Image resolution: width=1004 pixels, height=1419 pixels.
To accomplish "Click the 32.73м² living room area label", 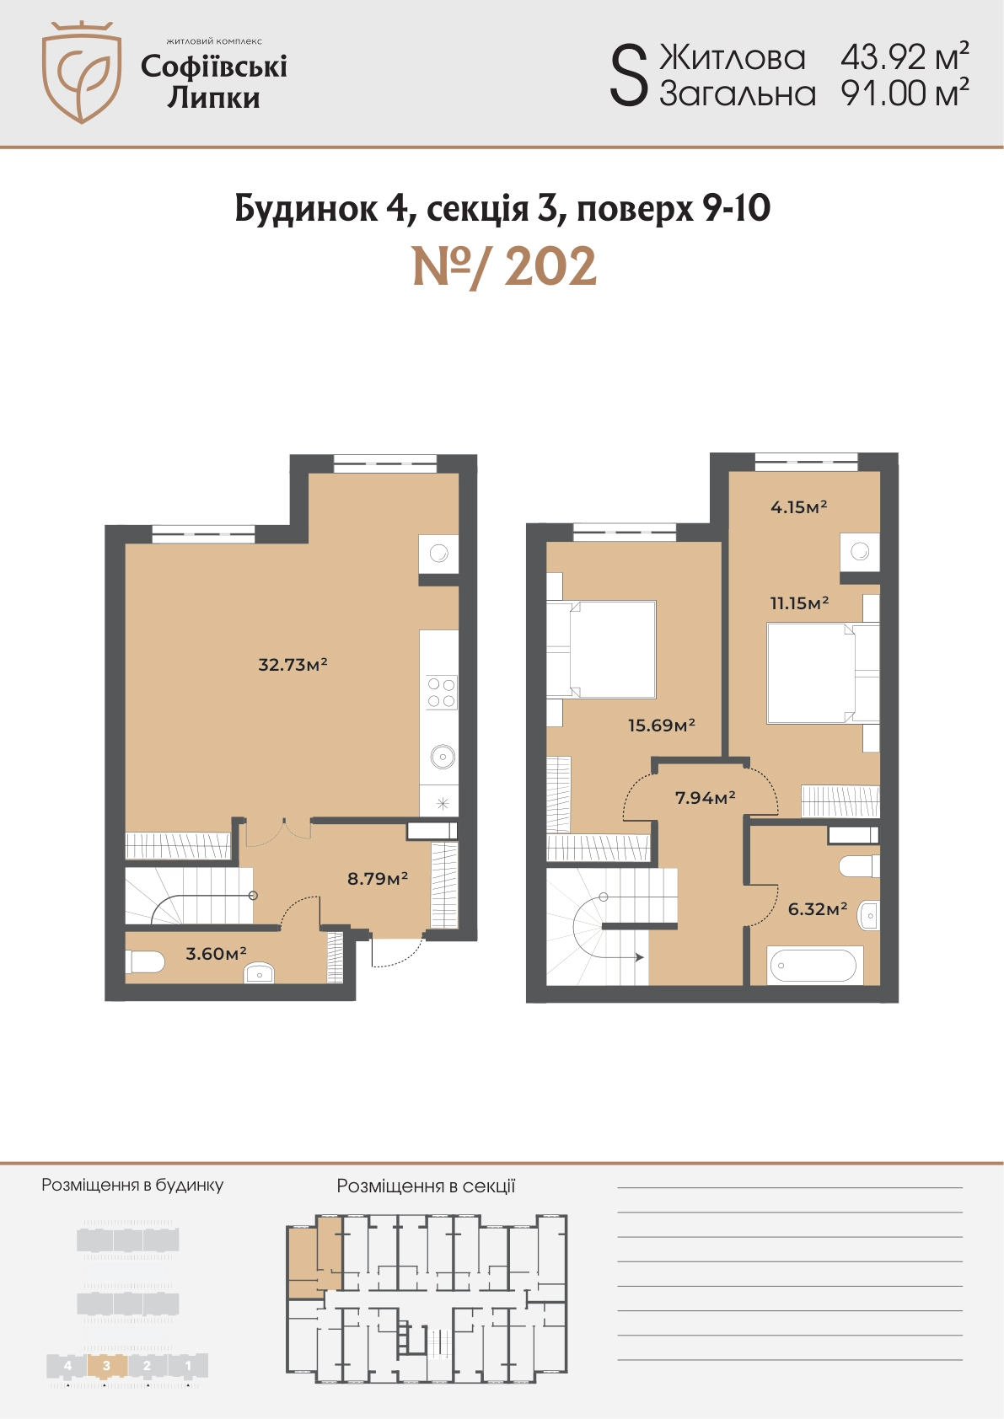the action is pyautogui.click(x=293, y=665).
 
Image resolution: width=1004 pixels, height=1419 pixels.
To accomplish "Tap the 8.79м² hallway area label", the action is pyautogui.click(x=377, y=879).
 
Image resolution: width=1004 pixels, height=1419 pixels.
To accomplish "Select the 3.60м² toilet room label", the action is pyautogui.click(x=216, y=953).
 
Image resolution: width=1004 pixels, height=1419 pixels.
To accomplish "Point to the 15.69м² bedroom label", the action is pyautogui.click(x=661, y=725).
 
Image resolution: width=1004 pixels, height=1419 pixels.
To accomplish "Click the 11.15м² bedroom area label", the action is pyautogui.click(x=799, y=603).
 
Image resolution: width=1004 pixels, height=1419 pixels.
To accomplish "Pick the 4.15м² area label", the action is pyautogui.click(x=798, y=506).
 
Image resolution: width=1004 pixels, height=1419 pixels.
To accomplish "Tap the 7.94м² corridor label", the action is pyautogui.click(x=705, y=797).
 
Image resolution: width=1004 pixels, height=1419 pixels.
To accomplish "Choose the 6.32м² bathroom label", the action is pyautogui.click(x=818, y=909).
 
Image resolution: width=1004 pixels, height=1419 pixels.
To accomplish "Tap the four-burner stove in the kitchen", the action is pyautogui.click(x=441, y=693).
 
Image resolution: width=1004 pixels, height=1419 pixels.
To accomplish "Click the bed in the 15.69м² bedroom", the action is pyautogui.click(x=601, y=650).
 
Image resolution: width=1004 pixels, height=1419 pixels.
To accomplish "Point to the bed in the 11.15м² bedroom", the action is pyautogui.click(x=823, y=672).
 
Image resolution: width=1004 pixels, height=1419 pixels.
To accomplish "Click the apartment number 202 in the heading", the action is pyautogui.click(x=550, y=266).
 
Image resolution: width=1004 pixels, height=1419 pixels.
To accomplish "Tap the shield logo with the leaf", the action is pyautogui.click(x=82, y=72).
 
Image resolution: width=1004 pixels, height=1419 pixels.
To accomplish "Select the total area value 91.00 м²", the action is pyautogui.click(x=905, y=93).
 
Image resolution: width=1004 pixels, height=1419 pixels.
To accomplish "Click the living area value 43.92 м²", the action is pyautogui.click(x=905, y=56).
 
